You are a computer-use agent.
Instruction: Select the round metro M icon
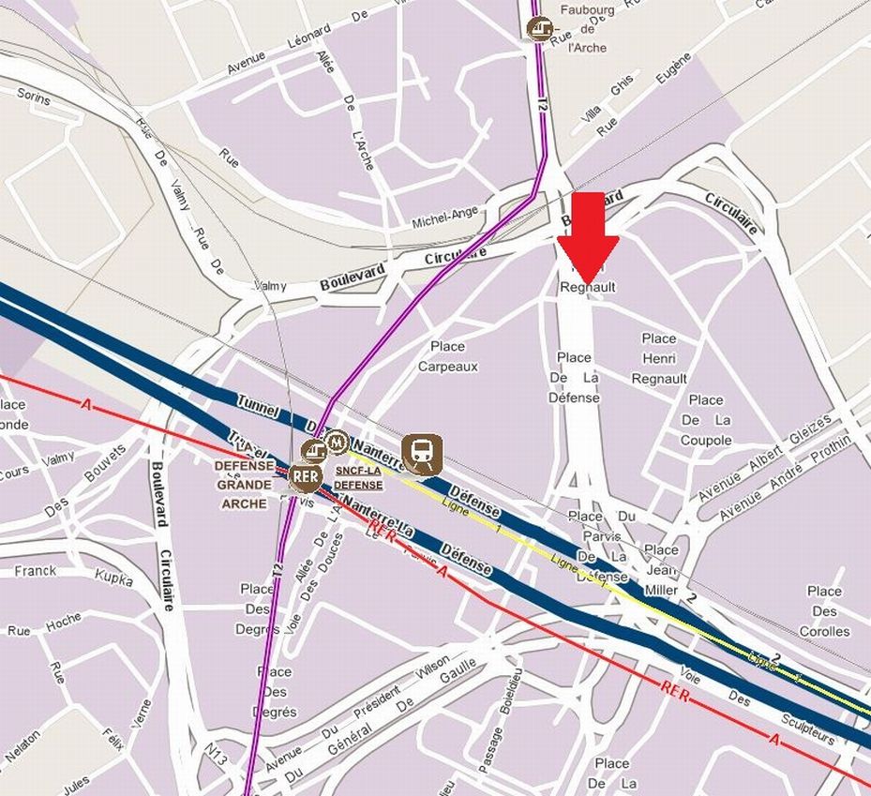coord(335,442)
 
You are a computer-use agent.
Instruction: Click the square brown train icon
coord(422,454)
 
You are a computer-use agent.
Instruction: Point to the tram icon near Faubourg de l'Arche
coord(537,29)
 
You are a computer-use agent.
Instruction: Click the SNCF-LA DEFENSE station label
coord(358,478)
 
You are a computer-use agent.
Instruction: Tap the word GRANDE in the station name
coord(244,485)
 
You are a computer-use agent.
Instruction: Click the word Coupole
coord(706,441)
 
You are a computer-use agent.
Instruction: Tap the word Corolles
coord(824,631)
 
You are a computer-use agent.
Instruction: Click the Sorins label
coord(34,95)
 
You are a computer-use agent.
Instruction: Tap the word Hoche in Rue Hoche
coord(63,623)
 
